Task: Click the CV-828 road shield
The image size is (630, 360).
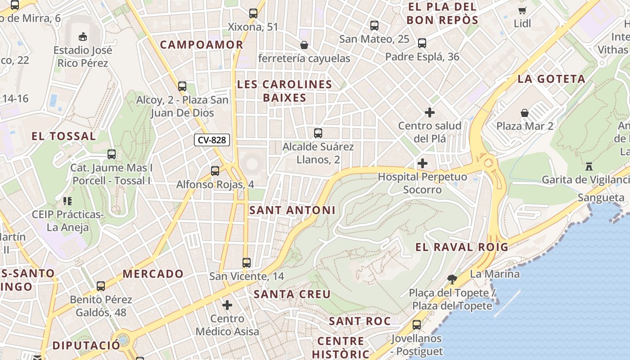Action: pyautogui.click(x=212, y=140)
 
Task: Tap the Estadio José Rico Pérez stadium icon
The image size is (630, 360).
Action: pyautogui.click(x=82, y=36)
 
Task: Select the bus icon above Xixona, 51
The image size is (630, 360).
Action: pyautogui.click(x=253, y=13)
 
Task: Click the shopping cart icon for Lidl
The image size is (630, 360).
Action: pyautogui.click(x=522, y=10)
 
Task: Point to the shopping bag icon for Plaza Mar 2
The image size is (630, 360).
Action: pyautogui.click(x=525, y=112)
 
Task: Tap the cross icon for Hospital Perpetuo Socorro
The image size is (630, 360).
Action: pyautogui.click(x=422, y=163)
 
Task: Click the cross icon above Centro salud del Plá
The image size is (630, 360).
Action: pyautogui.click(x=430, y=112)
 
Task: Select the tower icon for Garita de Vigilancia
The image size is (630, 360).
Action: pyautogui.click(x=589, y=166)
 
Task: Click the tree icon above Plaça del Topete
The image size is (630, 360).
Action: pyautogui.click(x=452, y=279)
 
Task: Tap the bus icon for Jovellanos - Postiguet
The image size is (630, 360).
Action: pyautogui.click(x=417, y=324)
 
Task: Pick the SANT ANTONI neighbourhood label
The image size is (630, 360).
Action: pyautogui.click(x=292, y=210)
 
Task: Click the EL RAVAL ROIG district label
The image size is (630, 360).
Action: pyautogui.click(x=461, y=247)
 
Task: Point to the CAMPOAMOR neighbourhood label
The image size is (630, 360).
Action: pyautogui.click(x=202, y=45)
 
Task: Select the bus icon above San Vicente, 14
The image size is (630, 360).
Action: pyautogui.click(x=246, y=263)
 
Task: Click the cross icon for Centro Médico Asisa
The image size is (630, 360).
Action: pyautogui.click(x=227, y=306)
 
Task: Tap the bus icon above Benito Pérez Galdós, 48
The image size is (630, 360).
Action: pyautogui.click(x=101, y=286)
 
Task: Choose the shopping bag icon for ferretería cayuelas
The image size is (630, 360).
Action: pyautogui.click(x=304, y=45)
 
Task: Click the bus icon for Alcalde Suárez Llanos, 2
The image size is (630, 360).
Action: pyautogui.click(x=318, y=133)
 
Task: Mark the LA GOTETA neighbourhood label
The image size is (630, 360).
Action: pyautogui.click(x=551, y=79)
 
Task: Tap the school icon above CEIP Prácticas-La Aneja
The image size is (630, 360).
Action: pyautogui.click(x=67, y=201)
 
